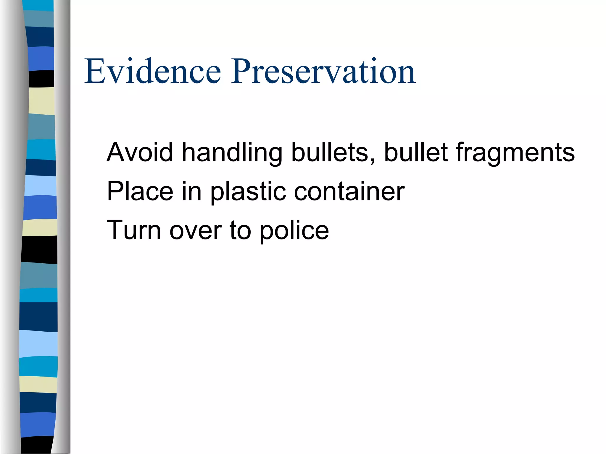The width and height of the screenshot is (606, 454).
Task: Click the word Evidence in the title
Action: [152, 72]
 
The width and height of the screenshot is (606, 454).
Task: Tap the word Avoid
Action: [140, 153]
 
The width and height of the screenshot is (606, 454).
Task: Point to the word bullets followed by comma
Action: [333, 153]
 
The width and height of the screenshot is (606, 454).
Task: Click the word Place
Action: [140, 192]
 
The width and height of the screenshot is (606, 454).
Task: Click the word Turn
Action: [134, 230]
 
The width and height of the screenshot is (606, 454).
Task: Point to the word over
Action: [196, 231]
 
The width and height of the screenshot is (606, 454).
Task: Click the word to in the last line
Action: [240, 231]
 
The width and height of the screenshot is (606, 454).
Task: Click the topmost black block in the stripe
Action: [42, 79]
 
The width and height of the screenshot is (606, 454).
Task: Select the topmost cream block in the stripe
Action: [42, 101]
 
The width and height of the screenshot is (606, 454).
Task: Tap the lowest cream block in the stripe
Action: [38, 384]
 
